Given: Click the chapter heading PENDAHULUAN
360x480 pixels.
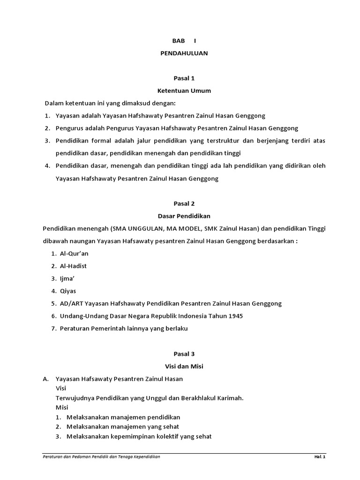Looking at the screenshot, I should [184, 53].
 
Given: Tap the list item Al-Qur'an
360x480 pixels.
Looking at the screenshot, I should [74, 254].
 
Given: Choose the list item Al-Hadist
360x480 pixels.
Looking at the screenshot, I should [73, 266].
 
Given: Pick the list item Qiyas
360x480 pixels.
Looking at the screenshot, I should [68, 291].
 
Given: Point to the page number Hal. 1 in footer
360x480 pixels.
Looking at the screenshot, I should [320, 457].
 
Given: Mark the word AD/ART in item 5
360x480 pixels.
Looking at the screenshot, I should [70, 304].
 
